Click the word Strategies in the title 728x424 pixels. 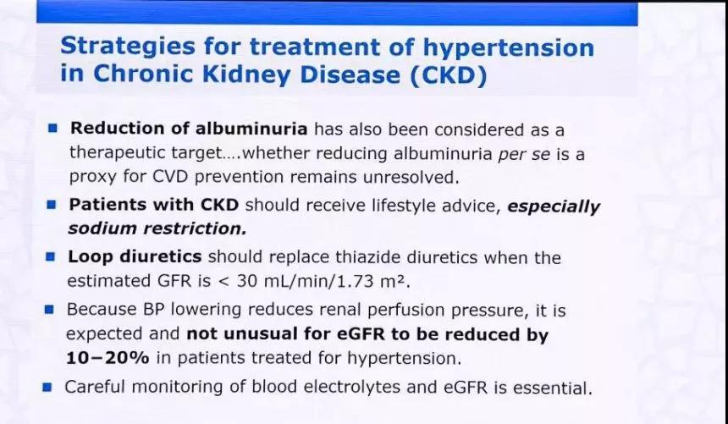[128, 47]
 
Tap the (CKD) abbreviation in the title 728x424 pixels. [449, 75]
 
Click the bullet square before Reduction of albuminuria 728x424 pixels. [52, 128]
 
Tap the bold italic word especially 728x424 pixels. [554, 206]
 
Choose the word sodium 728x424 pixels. [102, 229]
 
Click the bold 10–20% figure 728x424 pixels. [108, 358]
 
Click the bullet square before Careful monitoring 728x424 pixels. [47, 387]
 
